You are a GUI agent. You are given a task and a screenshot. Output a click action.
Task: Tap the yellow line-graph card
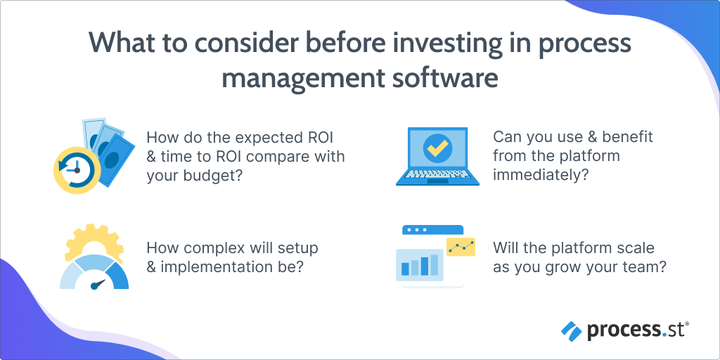461,247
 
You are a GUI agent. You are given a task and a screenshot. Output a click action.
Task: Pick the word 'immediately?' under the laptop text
538,176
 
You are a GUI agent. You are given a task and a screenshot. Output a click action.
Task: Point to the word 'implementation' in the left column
210,267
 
